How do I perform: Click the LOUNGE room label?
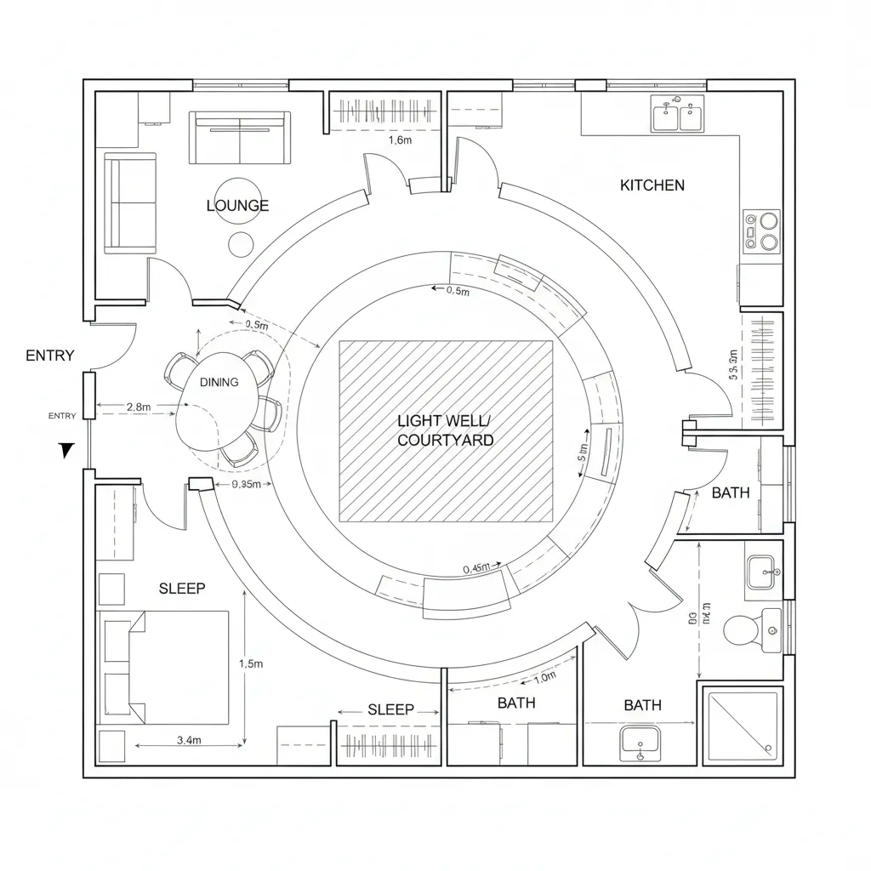tap(237, 205)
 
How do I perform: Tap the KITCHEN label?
tap(652, 185)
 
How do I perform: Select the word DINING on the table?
tap(219, 382)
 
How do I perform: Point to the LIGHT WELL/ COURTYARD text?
tap(445, 430)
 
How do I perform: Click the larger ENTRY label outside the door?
tap(50, 356)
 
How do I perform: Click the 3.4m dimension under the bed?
tap(189, 740)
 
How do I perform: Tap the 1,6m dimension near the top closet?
tap(400, 140)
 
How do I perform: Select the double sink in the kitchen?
tap(678, 115)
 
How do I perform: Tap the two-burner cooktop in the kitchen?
tap(762, 231)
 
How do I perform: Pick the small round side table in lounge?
tap(241, 244)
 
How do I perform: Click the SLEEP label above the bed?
tap(182, 588)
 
